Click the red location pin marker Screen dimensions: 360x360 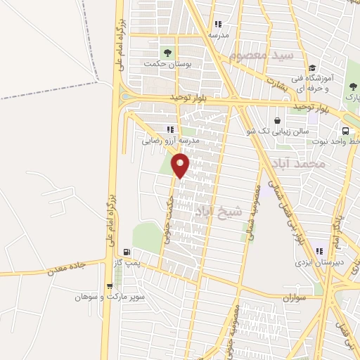(181, 166)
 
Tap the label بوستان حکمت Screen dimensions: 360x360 (167, 63)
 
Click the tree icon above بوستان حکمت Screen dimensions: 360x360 (167, 52)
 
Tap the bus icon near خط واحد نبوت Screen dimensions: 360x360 (345, 131)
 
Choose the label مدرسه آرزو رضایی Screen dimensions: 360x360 (171, 140)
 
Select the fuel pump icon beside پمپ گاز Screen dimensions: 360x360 (127, 252)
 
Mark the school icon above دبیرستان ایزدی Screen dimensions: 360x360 (320, 251)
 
